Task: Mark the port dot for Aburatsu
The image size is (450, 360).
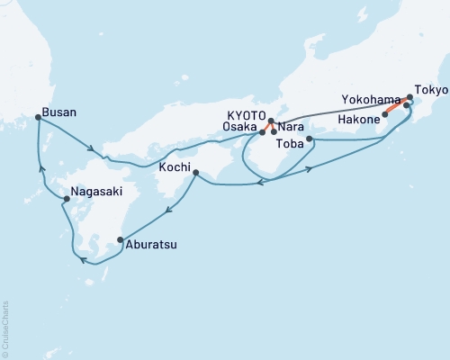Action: [x=120, y=239]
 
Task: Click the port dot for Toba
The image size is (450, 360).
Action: [x=310, y=139]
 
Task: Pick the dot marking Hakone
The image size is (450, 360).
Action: [x=384, y=115]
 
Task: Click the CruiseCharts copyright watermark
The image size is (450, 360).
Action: [x=5, y=328]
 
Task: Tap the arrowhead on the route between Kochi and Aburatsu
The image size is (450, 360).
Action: [x=168, y=213]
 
